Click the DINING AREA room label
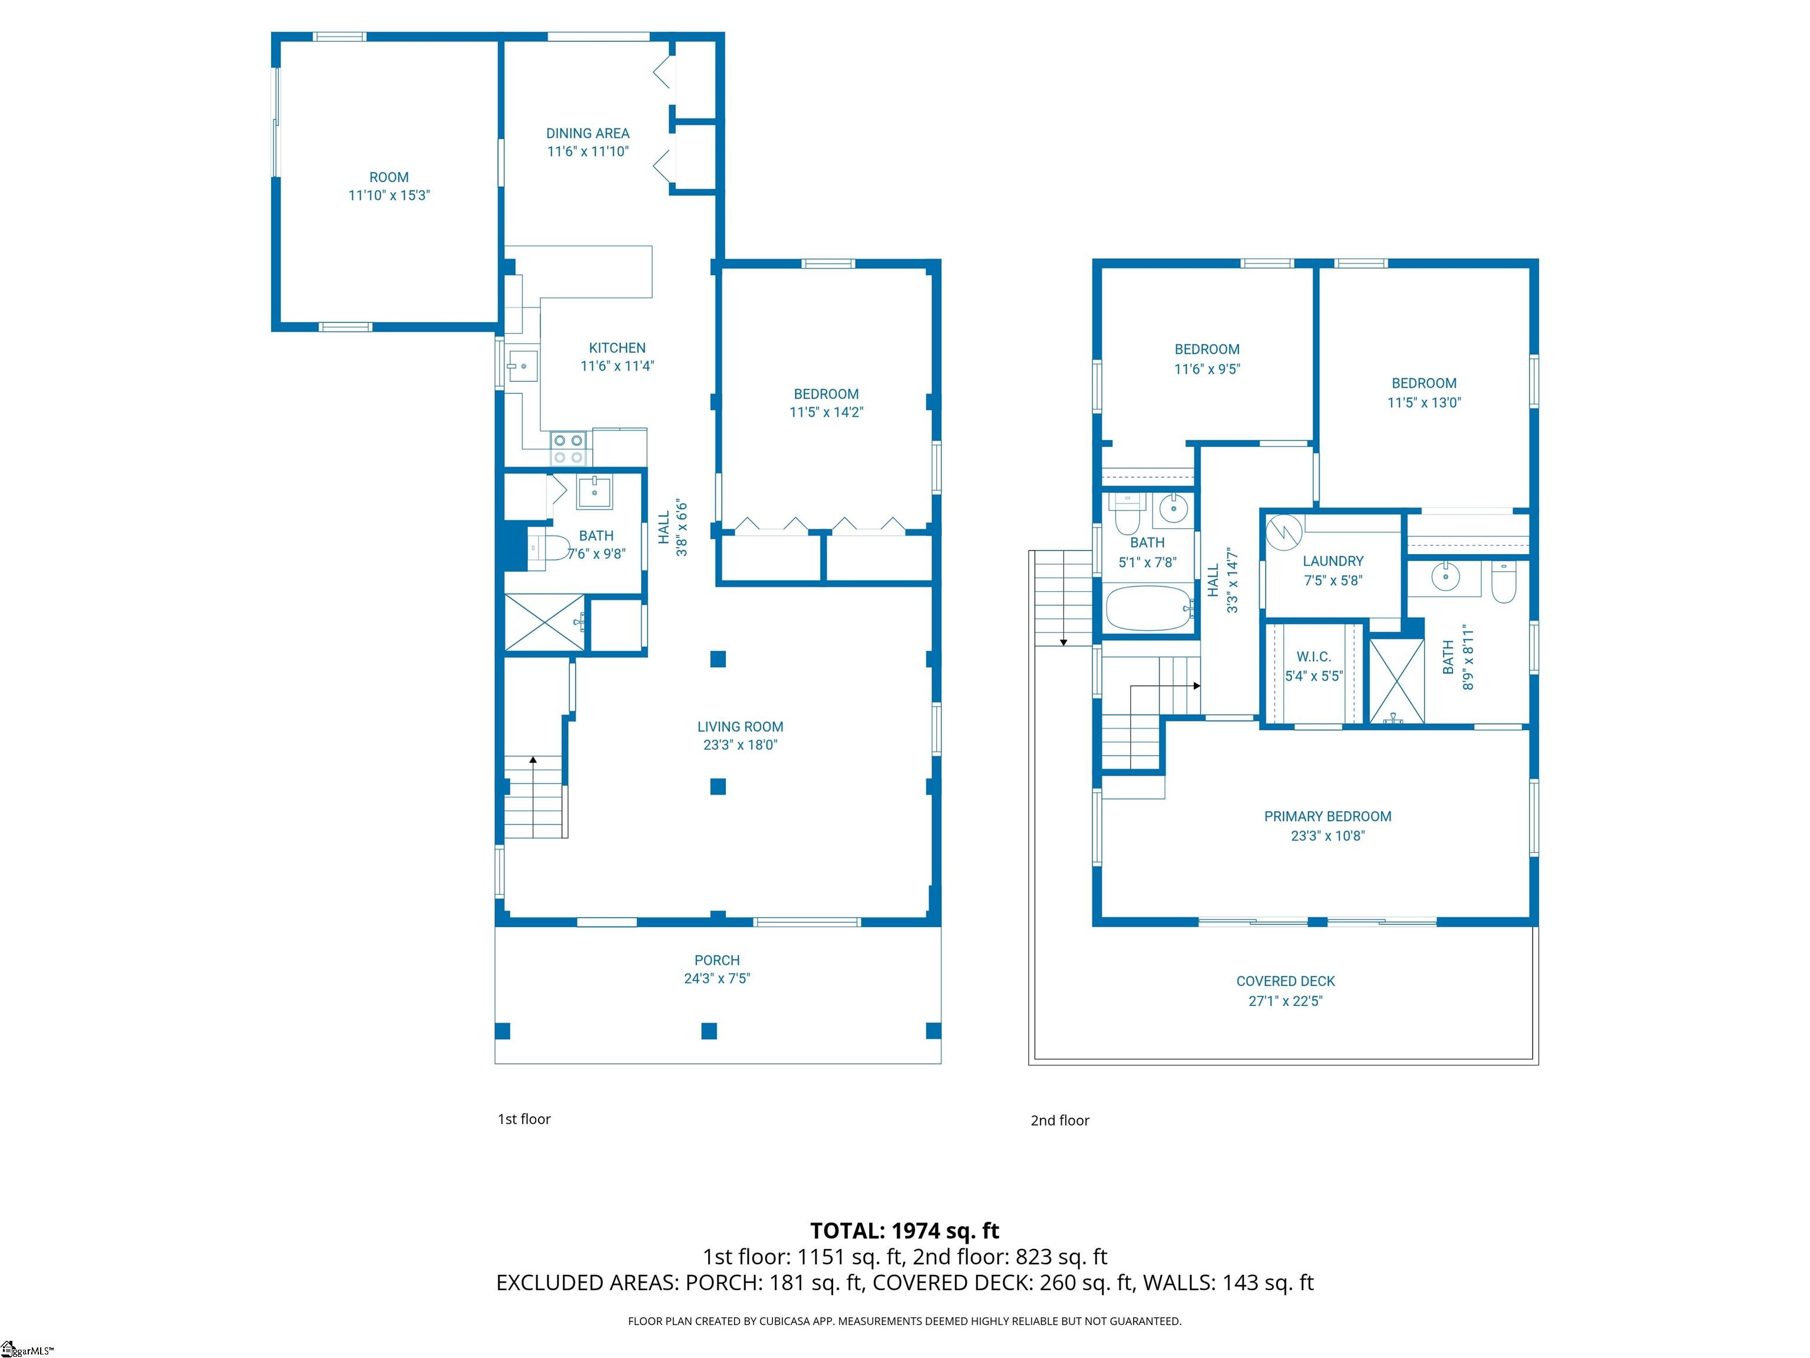pyautogui.click(x=587, y=133)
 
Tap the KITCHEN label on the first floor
pyautogui.click(x=617, y=348)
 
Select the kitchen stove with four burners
pyautogui.click(x=569, y=449)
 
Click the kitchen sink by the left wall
pyautogui.click(x=522, y=366)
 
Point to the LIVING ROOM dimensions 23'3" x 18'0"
pyautogui.click(x=739, y=745)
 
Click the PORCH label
pyautogui.click(x=717, y=960)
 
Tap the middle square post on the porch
pyautogui.click(x=709, y=1030)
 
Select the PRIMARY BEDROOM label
pyautogui.click(x=1327, y=816)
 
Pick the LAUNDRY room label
pyautogui.click(x=1333, y=561)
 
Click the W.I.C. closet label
pyautogui.click(x=1313, y=657)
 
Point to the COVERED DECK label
pyautogui.click(x=1286, y=981)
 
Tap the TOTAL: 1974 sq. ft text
pyautogui.click(x=904, y=1230)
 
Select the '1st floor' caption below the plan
pyautogui.click(x=524, y=1119)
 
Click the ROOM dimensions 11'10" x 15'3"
pyautogui.click(x=389, y=196)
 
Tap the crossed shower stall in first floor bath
pyautogui.click(x=544, y=623)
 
